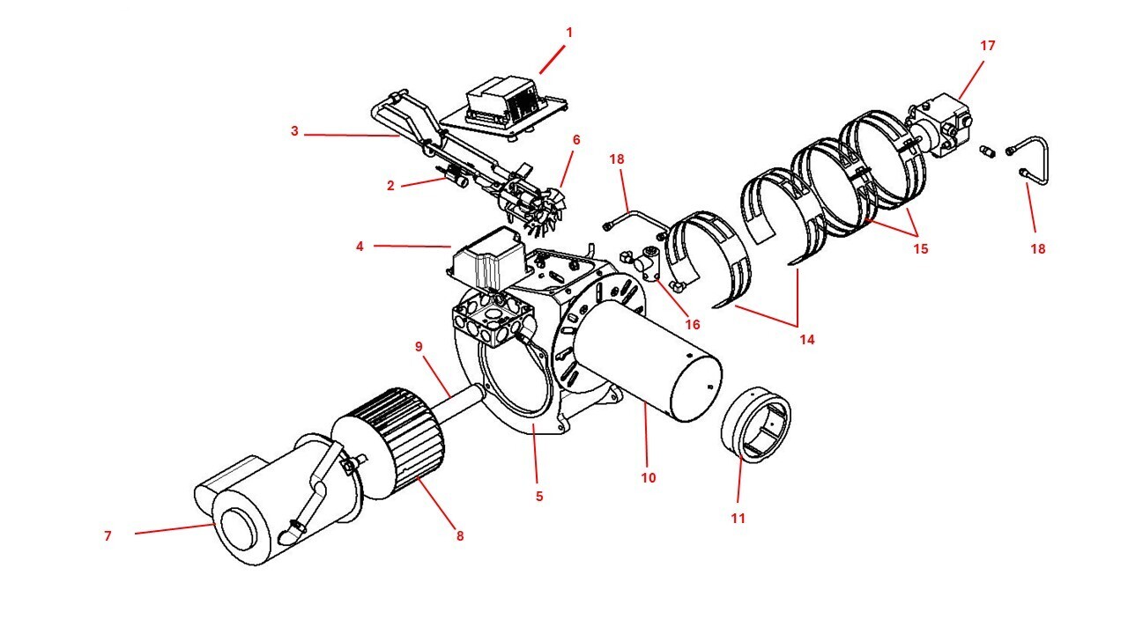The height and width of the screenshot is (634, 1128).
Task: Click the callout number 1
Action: coord(569,33)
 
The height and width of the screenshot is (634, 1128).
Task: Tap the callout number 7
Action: coord(108,535)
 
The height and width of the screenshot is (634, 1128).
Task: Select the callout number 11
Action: coord(738,519)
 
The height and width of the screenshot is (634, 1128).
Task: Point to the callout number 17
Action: coord(988,45)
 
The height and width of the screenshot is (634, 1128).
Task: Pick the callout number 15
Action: coord(920,249)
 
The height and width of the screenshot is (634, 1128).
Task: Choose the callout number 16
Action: coord(693,325)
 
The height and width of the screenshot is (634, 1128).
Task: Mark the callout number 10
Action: coord(649,478)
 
